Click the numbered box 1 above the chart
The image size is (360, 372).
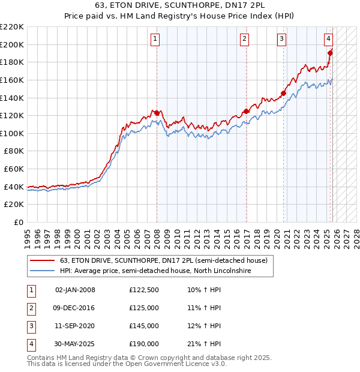coord(155,40)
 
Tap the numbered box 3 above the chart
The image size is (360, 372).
coord(281,40)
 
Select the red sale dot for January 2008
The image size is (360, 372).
coord(157,113)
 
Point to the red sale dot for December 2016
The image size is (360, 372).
coord(246,111)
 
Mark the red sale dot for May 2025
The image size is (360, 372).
coord(330,53)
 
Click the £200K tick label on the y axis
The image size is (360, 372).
coord(12,44)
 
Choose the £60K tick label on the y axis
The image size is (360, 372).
coord(14,169)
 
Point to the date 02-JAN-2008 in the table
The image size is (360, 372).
coord(75,290)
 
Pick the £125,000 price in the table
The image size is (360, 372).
coord(144,308)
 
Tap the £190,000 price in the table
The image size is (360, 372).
coord(144,344)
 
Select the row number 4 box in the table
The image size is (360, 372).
coord(30,344)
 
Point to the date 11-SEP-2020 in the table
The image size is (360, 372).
coord(75,326)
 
